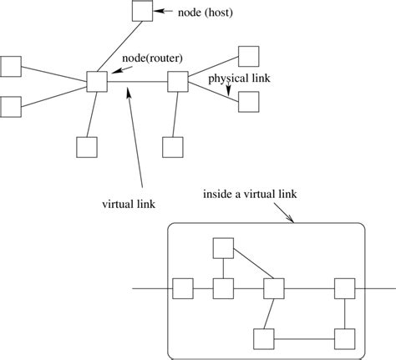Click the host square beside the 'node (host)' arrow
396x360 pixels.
click(x=141, y=11)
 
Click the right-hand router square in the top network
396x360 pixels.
click(x=178, y=81)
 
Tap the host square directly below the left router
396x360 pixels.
click(x=86, y=147)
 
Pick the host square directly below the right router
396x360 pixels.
click(x=172, y=147)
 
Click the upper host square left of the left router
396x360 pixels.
click(x=10, y=65)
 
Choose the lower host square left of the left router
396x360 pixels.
click(x=10, y=106)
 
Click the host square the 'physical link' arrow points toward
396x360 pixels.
click(x=249, y=102)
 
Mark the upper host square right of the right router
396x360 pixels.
click(x=249, y=56)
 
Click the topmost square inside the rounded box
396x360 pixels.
click(x=222, y=248)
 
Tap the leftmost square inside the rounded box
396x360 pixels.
click(x=181, y=288)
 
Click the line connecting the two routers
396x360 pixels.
click(x=138, y=81)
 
